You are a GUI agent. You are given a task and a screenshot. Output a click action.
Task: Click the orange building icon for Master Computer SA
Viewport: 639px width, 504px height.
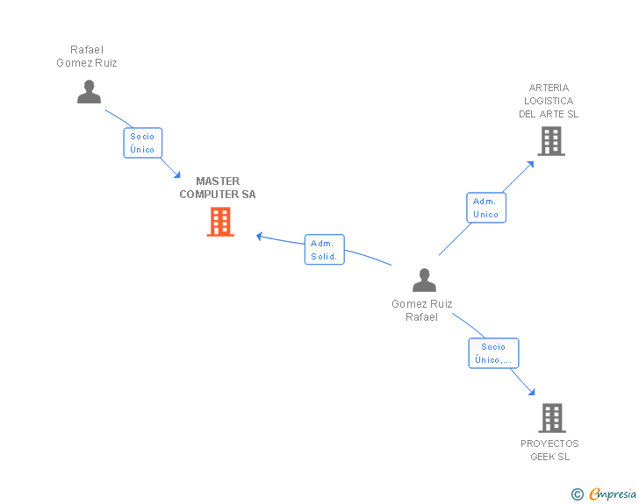click(x=220, y=222)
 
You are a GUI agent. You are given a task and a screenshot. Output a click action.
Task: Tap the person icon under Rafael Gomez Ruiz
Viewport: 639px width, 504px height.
click(x=89, y=91)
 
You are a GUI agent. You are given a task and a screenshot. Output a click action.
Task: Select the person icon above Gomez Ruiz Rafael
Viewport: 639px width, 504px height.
click(x=424, y=280)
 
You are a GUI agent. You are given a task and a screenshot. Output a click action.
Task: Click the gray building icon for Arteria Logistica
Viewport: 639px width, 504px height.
click(x=550, y=141)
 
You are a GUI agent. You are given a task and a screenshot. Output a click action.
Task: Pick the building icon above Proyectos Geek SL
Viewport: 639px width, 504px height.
click(x=551, y=418)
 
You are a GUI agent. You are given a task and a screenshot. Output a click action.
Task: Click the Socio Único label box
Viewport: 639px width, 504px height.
click(x=142, y=143)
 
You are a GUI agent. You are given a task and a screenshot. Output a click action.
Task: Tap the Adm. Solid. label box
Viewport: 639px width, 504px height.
click(x=324, y=250)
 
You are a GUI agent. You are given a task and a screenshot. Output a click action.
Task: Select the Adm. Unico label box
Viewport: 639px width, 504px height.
click(x=485, y=208)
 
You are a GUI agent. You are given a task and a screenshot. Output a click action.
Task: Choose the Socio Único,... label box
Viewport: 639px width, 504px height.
click(x=493, y=353)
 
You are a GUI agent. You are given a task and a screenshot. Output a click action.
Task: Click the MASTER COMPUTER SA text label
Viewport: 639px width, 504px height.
click(x=218, y=188)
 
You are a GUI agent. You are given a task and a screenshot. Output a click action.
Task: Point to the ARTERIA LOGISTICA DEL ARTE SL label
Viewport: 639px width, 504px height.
click(x=549, y=101)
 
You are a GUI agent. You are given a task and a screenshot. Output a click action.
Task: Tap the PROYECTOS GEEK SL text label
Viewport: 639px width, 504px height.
click(x=549, y=450)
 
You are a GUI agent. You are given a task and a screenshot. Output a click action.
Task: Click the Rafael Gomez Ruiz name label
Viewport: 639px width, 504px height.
click(x=87, y=56)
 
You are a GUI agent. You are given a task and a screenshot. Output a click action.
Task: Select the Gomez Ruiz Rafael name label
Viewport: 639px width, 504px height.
click(x=422, y=310)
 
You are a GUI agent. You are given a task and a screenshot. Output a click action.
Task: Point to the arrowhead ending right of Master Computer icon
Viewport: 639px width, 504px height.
click(x=260, y=235)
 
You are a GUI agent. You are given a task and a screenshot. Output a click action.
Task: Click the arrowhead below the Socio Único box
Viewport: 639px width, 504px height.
click(x=177, y=174)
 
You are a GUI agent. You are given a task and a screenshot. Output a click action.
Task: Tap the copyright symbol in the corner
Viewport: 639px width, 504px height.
click(x=577, y=494)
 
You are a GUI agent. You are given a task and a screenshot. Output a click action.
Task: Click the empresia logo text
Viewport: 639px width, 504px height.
click(x=613, y=494)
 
